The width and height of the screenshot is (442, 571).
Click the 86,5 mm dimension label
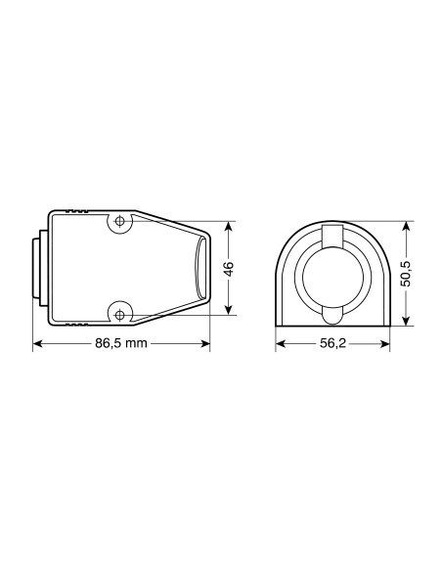click(121, 343)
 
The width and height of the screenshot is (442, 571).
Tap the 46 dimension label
click(229, 269)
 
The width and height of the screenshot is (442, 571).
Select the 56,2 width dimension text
click(332, 343)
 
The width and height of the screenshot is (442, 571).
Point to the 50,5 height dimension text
click(407, 274)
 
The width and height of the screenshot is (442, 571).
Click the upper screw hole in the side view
click(119, 221)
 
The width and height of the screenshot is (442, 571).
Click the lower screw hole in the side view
click(119, 315)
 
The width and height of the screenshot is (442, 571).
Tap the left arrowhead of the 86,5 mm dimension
click(37, 343)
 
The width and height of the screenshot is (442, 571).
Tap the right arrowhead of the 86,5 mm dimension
click(205, 343)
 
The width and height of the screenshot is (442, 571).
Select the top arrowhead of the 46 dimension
click(228, 227)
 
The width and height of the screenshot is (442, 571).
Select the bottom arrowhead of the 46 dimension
click(228, 309)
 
